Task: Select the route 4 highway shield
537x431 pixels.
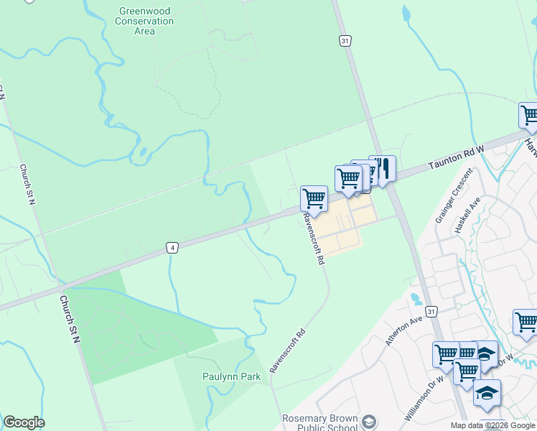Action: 172,248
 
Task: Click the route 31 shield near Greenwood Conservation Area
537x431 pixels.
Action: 346,42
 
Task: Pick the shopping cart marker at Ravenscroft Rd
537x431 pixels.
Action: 314,198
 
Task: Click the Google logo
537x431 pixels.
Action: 24,422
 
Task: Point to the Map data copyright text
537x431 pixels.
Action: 492,425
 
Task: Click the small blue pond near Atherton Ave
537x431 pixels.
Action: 416,297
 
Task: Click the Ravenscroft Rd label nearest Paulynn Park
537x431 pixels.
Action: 287,351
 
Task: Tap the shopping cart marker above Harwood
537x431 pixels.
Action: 530,115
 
